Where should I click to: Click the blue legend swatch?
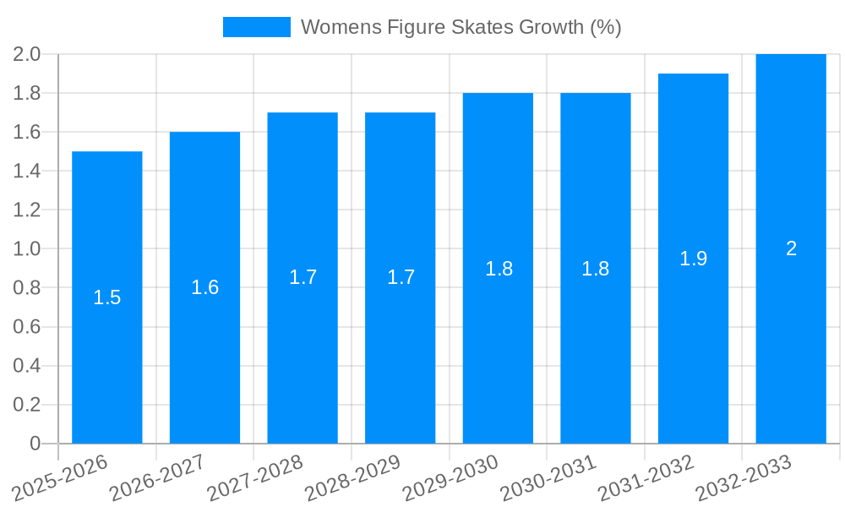click(x=256, y=27)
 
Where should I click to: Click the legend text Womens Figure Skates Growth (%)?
click(x=461, y=27)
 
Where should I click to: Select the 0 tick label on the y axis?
click(x=35, y=444)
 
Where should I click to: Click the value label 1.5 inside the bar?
click(x=107, y=297)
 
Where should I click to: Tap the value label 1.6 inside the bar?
click(x=204, y=287)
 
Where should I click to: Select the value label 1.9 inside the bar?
click(x=693, y=259)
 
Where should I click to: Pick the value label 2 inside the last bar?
click(x=791, y=248)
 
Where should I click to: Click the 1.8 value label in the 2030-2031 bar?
click(x=596, y=269)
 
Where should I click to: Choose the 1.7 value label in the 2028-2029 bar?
click(x=401, y=277)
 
